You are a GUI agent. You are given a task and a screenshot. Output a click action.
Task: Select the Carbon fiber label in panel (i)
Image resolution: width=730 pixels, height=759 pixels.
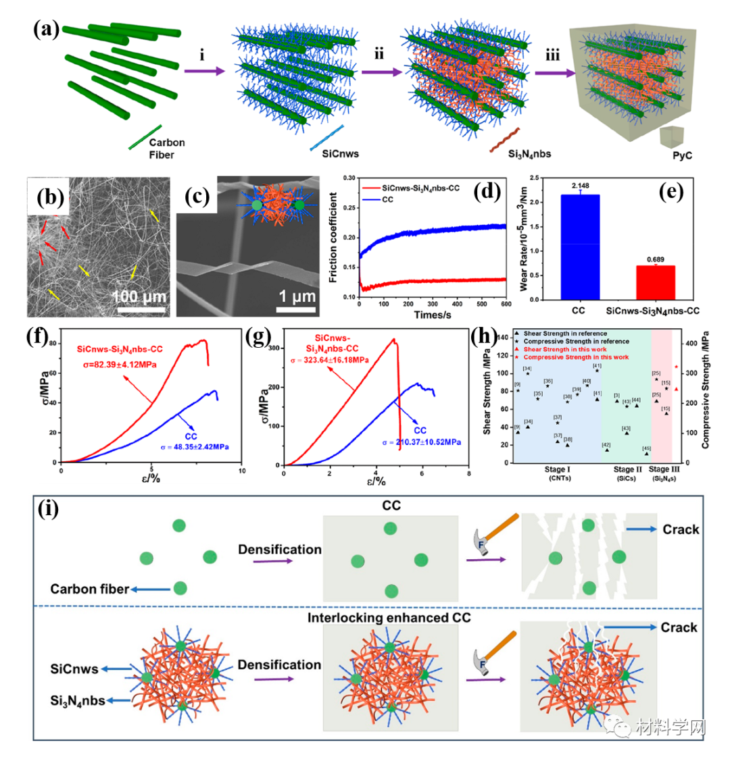[x=89, y=589]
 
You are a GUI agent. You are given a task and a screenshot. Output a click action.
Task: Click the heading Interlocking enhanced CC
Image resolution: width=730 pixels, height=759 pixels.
[x=391, y=617]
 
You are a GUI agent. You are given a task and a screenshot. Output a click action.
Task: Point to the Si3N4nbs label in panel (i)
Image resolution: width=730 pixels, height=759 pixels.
[x=78, y=700]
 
